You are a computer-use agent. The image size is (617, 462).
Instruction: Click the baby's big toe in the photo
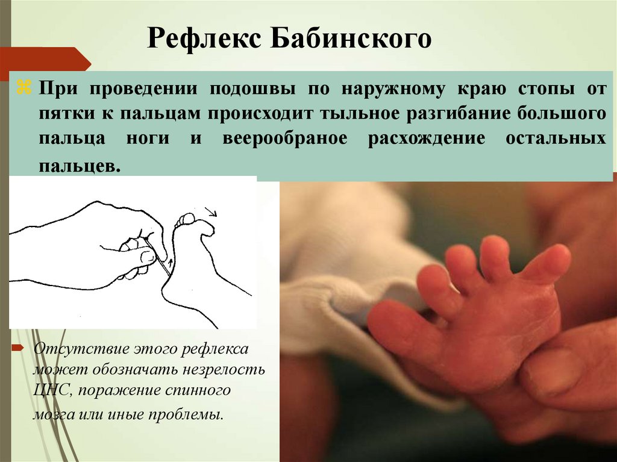(x=547, y=263)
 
